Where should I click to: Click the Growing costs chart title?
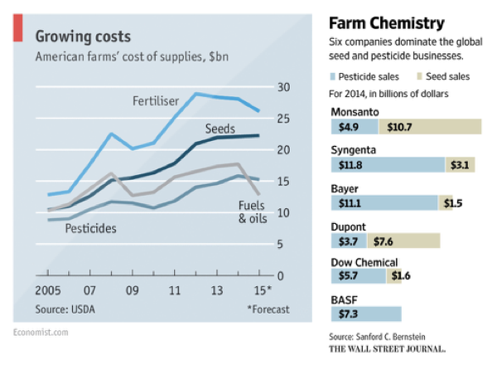[82, 36]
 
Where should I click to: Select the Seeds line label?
[220, 129]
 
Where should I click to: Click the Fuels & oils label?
[253, 213]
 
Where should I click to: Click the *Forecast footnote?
[268, 310]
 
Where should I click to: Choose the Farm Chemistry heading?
[386, 22]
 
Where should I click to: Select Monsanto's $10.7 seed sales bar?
[430, 127]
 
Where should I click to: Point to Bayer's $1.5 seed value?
[454, 202]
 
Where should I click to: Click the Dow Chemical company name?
[364, 262]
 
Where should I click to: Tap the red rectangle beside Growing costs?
[17, 30]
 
